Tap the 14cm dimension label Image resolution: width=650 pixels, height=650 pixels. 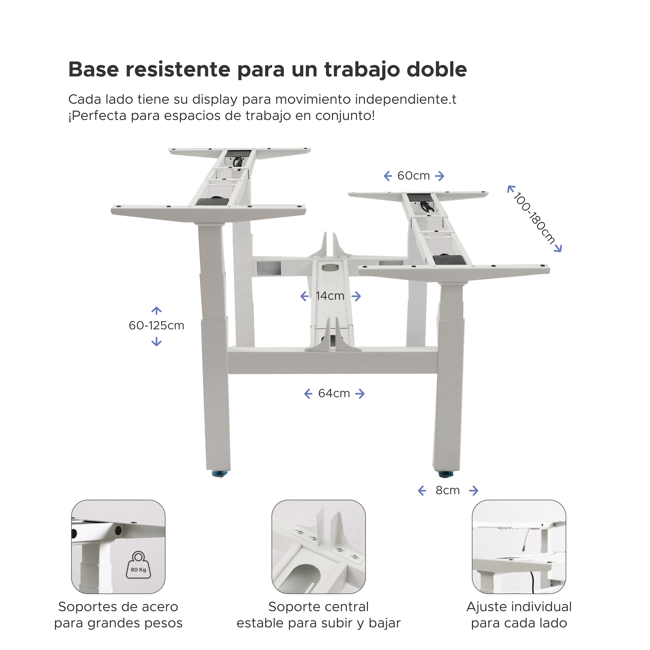pos(330,296)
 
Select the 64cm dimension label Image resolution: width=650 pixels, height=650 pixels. pos(334,393)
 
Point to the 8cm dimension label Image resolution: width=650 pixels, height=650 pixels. pos(448,491)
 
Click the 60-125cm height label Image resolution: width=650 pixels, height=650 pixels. pos(156,326)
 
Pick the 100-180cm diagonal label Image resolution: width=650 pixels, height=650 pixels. pos(534,218)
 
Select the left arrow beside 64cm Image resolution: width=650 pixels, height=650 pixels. pos(308,394)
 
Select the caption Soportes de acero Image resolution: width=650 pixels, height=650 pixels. pos(118,607)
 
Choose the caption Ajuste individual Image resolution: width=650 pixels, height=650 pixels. pos(519,607)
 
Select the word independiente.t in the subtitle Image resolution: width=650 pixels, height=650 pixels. pos(405,100)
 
